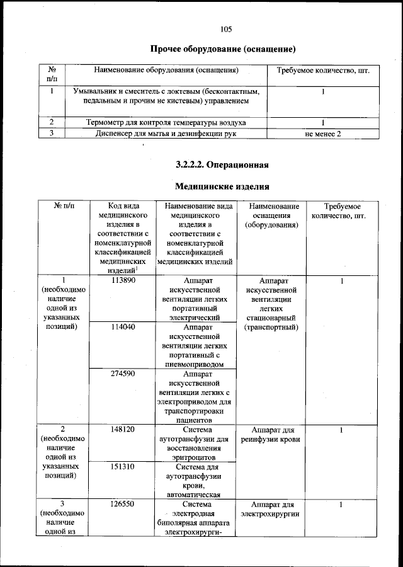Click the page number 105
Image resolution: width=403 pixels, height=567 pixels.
tap(227, 28)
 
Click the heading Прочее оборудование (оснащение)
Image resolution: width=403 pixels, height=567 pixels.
tap(223, 49)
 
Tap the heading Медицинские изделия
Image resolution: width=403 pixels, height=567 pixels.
tap(222, 186)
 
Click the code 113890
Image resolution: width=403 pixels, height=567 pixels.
tap(124, 280)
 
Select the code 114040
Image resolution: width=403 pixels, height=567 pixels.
tap(124, 328)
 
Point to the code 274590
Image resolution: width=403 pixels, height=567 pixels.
tap(124, 374)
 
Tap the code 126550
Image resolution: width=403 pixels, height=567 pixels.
tap(124, 505)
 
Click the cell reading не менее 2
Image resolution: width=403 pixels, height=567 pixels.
tap(322, 134)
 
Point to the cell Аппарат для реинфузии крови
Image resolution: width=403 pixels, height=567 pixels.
tap(274, 434)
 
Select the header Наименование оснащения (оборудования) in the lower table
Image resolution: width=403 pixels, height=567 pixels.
tap(274, 215)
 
